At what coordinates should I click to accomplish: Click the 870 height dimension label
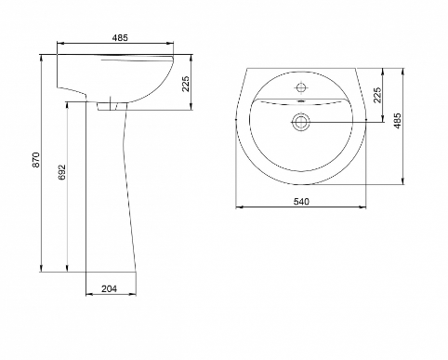[x=36, y=159]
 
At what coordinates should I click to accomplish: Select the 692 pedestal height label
[x=62, y=172]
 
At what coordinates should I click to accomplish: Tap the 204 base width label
[x=110, y=288]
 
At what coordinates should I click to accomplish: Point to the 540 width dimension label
[x=301, y=202]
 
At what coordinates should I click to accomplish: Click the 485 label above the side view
[x=120, y=38]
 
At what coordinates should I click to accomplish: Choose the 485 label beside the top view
[x=397, y=120]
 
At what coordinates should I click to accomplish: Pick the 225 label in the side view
[x=186, y=84]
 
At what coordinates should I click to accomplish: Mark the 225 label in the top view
[x=377, y=95]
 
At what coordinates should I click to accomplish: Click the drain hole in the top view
[x=300, y=122]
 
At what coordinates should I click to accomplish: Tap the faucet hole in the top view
[x=301, y=87]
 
